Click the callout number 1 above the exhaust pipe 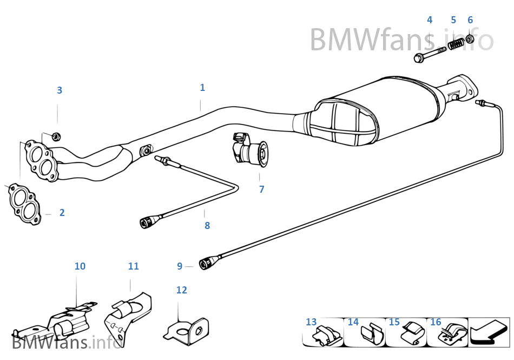[202, 88]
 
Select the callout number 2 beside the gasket [62, 213]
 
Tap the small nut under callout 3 [57, 135]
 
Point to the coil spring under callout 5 [456, 43]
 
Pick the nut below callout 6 [470, 39]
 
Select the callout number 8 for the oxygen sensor [207, 226]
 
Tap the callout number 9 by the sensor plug [180, 266]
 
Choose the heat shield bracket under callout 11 [129, 317]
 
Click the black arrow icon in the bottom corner [490, 332]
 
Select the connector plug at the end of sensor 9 [207, 264]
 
